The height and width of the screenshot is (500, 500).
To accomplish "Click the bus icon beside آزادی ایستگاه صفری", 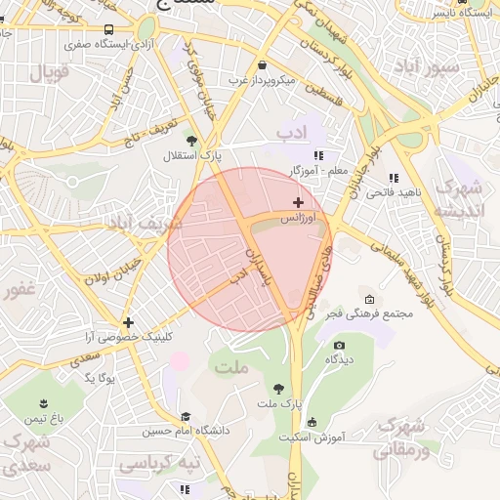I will coord(107,29).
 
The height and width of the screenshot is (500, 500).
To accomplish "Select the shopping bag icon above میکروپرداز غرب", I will coord(264,64).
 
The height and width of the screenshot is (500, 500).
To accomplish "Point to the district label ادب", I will coord(291,131).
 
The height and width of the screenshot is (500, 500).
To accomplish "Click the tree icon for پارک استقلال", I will coord(191,141).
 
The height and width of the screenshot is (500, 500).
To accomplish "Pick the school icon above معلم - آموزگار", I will coord(317,155).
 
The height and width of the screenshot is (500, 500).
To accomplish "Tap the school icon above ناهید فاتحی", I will coord(393,178).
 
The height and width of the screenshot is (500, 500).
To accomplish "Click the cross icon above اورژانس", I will coord(298,202).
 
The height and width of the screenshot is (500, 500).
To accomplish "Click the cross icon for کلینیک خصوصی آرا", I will coord(128,321).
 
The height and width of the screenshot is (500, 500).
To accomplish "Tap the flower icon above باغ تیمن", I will coord(43,402).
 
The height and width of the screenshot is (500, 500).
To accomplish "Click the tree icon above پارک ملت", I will coord(279,388).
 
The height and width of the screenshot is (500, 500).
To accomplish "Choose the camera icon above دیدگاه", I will coord(339,345).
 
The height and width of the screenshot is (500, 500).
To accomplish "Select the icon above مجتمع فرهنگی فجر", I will coord(369,299).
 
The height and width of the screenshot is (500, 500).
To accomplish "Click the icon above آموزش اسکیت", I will coord(312,422).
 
